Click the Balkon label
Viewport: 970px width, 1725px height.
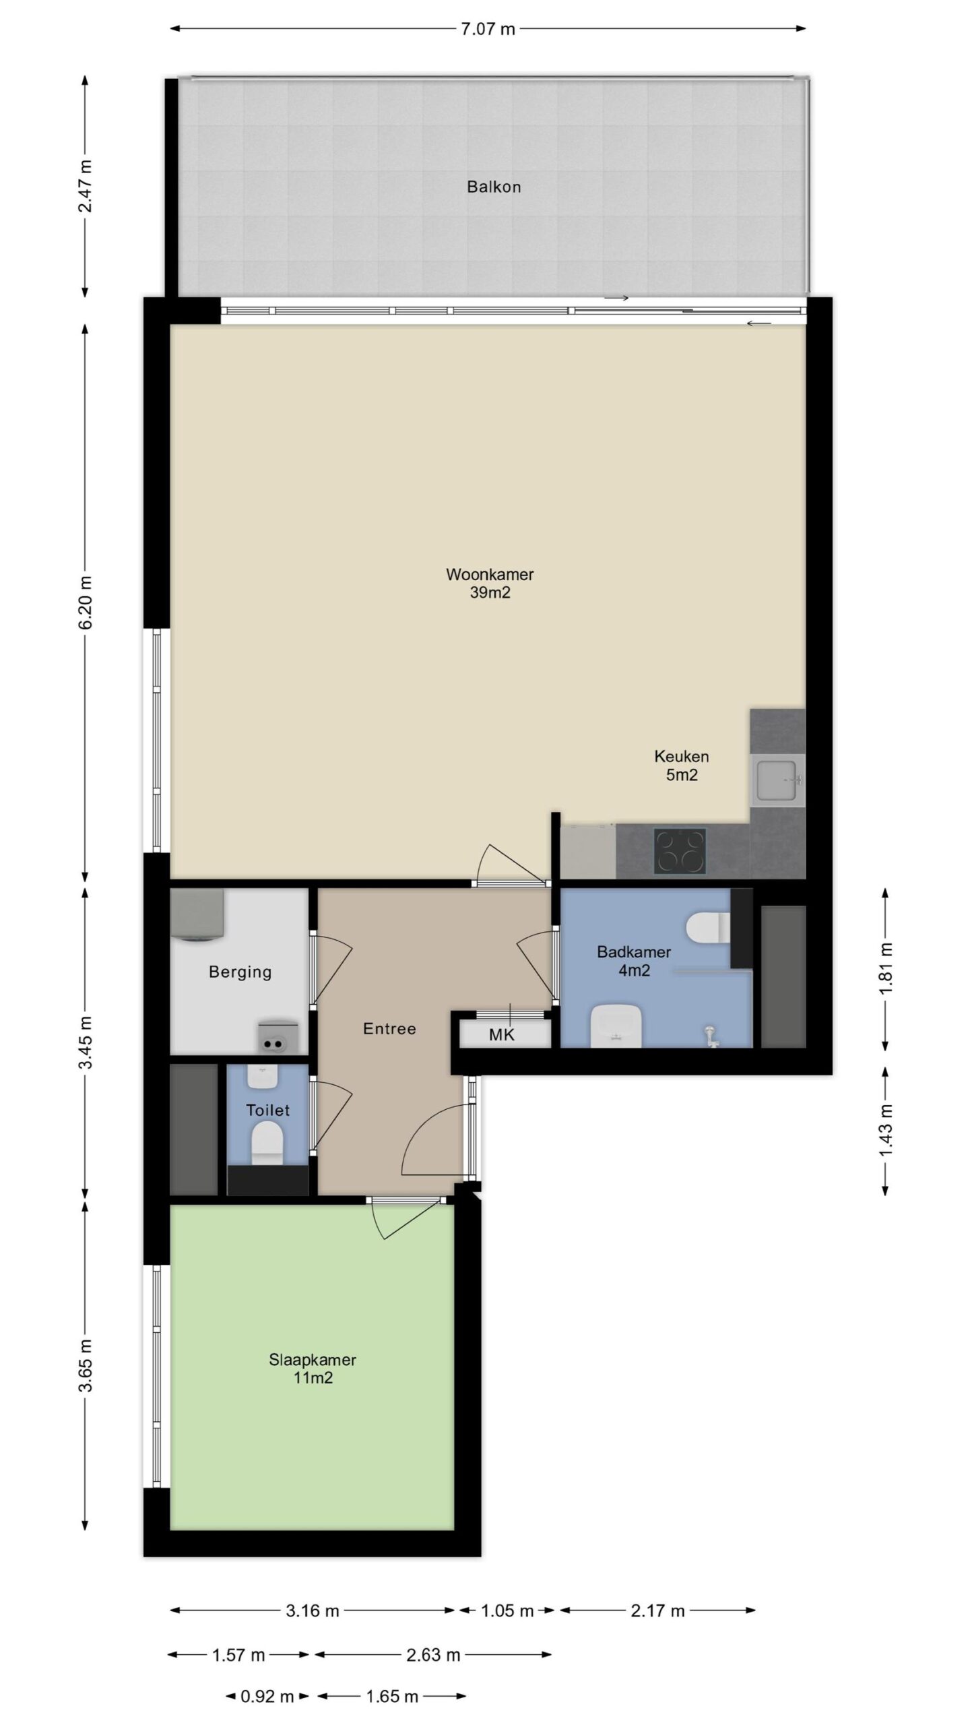click(x=494, y=187)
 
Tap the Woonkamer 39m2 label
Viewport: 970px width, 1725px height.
click(x=490, y=583)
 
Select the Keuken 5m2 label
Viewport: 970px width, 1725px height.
click(x=682, y=765)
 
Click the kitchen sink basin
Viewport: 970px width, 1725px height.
click(x=778, y=780)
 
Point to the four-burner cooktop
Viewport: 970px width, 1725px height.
click(x=680, y=851)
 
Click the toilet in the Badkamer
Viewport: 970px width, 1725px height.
click(x=707, y=927)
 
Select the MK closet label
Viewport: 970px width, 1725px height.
click(x=501, y=1035)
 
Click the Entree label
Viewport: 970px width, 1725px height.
click(x=389, y=1028)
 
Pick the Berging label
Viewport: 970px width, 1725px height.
click(x=240, y=972)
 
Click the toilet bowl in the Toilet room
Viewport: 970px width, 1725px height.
click(x=267, y=1146)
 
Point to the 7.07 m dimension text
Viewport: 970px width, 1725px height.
click(x=488, y=29)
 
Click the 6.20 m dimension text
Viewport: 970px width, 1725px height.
click(x=86, y=602)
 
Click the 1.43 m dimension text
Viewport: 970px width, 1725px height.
click(x=886, y=1130)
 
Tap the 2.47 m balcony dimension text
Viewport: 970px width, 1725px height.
click(x=86, y=185)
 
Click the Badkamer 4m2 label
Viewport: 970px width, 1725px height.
click(x=634, y=961)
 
